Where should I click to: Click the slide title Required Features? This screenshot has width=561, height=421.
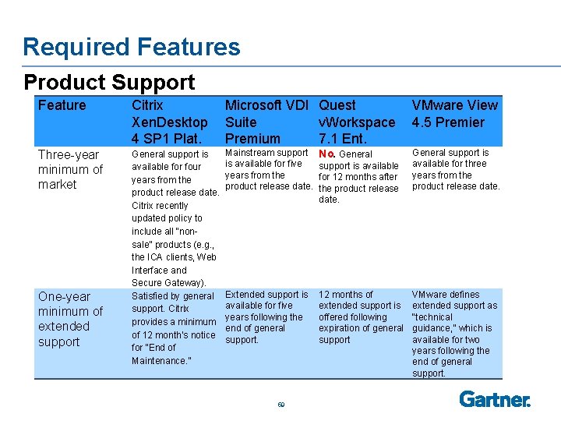132,47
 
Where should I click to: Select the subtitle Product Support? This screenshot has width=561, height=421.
109,82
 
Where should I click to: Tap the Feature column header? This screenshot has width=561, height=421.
62,105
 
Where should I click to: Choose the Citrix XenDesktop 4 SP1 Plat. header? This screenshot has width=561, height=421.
169,122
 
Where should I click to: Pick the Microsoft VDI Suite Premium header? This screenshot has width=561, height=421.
266,122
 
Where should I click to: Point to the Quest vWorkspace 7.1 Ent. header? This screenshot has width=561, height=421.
357,122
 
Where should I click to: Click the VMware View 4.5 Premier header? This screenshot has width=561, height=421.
454,114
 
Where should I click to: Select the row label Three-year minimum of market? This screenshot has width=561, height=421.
70,169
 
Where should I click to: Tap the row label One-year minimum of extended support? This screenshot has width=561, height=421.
70,319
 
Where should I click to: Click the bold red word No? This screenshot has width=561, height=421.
326,154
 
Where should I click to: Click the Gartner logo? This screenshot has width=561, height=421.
495,399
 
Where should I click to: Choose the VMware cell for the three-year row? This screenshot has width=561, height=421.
455,169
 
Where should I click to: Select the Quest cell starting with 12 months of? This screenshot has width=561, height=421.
361,317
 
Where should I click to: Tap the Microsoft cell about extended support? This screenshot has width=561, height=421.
266,317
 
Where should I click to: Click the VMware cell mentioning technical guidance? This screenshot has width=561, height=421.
454,334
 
